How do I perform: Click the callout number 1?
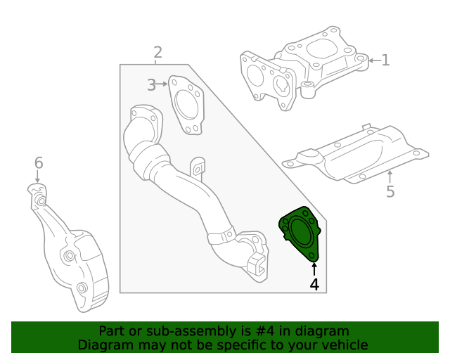[x=385, y=60]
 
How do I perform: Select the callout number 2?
[x=157, y=52]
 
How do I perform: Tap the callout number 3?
[x=151, y=85]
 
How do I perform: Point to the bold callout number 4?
[x=314, y=285]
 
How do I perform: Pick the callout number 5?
[x=390, y=191]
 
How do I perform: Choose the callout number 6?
[x=39, y=163]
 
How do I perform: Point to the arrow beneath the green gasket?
[x=314, y=268]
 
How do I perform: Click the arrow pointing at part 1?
[x=373, y=60]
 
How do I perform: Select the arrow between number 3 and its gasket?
[x=163, y=85]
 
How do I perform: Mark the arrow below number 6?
[x=39, y=178]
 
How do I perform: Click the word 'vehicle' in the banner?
[x=345, y=345]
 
